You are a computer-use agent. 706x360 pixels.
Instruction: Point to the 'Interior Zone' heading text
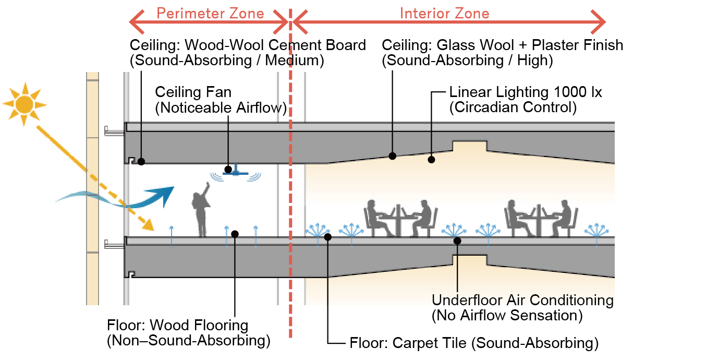point(445,13)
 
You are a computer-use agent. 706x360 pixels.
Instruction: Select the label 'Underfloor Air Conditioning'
point(522,301)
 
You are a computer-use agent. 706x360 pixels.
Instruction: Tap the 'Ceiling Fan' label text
point(193,93)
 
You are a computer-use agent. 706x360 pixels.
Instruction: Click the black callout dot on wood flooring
point(235,234)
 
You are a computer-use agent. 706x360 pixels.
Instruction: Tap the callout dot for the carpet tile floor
point(327,237)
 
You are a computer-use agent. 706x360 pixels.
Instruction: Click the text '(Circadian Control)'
point(513,108)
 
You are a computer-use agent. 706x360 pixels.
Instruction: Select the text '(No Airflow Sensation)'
point(507,315)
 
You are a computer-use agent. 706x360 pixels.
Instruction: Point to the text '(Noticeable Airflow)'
point(222,108)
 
